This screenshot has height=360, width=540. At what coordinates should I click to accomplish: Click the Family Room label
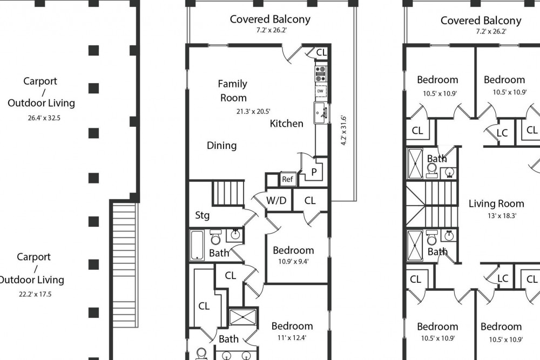pos(233,91)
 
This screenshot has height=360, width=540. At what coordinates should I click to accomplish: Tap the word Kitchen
pos(287,124)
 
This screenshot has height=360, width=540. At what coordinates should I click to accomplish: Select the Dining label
pos(221,146)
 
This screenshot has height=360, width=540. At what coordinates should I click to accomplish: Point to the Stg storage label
pos(202,215)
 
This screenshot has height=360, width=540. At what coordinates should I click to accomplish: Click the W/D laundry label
pos(276,200)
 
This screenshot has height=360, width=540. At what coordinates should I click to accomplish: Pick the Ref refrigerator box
pos(287,179)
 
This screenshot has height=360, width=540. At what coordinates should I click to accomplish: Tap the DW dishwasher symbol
pos(321,91)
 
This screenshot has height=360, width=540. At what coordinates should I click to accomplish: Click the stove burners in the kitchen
pos(321,73)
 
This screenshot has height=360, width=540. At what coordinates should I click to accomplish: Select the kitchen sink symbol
pos(320,112)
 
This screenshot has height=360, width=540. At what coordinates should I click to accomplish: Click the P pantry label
pos(314,172)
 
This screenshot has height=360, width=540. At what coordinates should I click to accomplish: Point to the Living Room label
pos(496,203)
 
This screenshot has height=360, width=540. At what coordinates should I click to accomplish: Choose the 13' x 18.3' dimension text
pos(502,216)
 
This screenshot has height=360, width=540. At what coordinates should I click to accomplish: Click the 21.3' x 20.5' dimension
pos(253,111)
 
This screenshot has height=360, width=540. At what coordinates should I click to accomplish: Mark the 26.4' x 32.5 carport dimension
pos(44,118)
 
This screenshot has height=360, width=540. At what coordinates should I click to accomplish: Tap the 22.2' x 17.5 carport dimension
pos(35,294)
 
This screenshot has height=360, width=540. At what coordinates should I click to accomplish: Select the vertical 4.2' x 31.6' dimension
pos(343,130)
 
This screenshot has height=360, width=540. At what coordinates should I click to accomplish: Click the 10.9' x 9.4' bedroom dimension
pos(293,261)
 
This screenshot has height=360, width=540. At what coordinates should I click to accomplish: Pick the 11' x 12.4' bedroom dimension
pos(292,338)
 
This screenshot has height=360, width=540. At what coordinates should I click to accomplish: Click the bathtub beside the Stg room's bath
pos(197,246)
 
